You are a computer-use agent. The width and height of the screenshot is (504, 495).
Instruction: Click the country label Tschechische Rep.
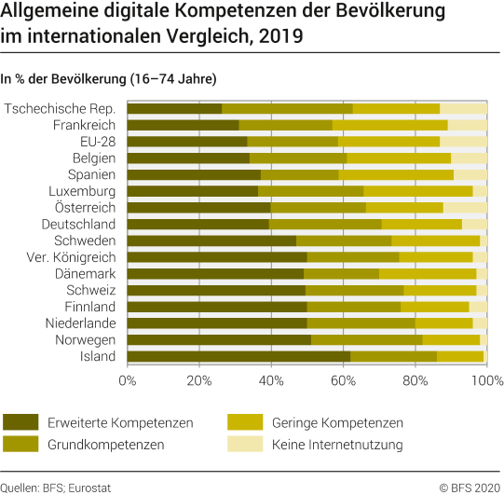pos(61,108)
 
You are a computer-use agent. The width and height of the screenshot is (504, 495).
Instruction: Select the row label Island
pos(97,356)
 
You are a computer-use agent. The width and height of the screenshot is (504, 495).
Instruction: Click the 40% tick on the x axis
pos(271,379)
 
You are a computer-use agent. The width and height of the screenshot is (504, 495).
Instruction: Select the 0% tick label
pos(128,379)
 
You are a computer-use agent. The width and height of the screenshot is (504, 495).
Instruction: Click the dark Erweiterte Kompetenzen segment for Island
pos(238,356)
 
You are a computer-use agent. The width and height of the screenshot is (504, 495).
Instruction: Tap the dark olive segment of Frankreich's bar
pos(183,125)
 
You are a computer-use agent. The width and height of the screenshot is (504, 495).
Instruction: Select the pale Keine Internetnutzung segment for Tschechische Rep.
pos(463,108)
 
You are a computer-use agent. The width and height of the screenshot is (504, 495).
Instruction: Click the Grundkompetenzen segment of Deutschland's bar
pos(325,224)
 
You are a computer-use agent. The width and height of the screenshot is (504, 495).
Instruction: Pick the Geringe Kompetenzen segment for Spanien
pos(396,174)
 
